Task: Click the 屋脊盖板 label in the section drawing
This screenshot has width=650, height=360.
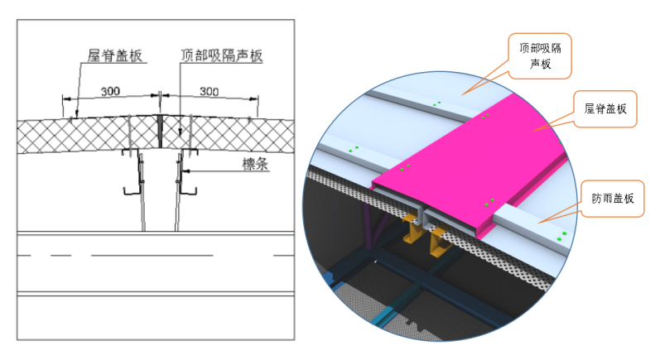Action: (115, 55)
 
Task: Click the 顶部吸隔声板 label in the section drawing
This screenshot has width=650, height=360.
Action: (221, 55)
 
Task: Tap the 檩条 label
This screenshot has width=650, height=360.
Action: (255, 164)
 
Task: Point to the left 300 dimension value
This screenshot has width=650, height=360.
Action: (110, 91)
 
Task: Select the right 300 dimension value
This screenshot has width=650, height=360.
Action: (209, 91)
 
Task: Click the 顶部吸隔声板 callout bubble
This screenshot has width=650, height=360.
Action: (540, 56)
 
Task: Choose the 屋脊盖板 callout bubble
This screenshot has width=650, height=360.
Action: (604, 109)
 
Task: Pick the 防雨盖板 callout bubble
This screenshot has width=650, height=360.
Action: (612, 199)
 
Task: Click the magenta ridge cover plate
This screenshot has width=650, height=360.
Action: (469, 166)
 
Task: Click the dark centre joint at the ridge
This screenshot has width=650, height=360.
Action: (160, 131)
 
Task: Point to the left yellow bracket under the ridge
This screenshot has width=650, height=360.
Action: (410, 228)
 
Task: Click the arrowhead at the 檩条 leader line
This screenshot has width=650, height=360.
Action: (185, 170)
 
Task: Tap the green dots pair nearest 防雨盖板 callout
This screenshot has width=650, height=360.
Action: (561, 236)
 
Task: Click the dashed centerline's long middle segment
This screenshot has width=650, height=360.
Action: (152, 256)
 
